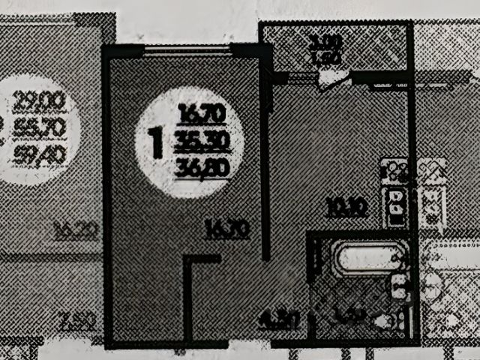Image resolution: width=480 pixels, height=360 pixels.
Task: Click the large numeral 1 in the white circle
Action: (157, 142)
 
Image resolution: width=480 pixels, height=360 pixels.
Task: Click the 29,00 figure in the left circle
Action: (40, 100)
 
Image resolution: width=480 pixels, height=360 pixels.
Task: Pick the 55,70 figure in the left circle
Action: (40, 127)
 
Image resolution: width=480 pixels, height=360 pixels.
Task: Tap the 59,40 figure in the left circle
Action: (40, 155)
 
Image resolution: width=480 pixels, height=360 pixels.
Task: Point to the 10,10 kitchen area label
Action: (346, 206)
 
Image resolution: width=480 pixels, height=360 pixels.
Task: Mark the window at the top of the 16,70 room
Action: (187, 50)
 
